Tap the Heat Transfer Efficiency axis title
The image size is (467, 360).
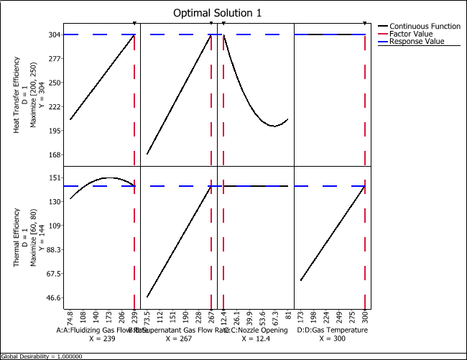pos(17,93)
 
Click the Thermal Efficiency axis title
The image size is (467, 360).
pos(17,237)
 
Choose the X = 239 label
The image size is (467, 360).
pos(101,338)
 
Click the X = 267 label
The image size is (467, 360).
pos(178,338)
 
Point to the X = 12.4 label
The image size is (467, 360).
pos(256,338)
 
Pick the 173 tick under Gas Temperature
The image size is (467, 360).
pos(301,316)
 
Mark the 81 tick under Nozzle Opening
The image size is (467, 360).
pos(288,314)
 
